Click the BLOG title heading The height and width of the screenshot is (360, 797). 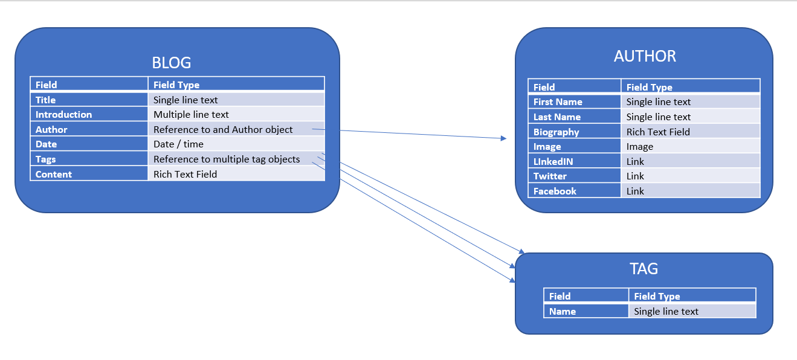(171, 63)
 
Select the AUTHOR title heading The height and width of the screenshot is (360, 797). (645, 56)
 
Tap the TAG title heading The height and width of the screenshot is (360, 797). (644, 269)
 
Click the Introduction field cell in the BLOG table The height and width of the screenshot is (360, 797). (89, 115)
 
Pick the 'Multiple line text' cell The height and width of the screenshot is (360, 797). (236, 115)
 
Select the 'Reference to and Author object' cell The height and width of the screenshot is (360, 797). (236, 129)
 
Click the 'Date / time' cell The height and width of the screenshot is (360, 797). (236, 144)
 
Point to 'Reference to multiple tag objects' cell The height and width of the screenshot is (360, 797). (236, 159)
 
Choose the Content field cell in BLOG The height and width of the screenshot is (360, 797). (89, 175)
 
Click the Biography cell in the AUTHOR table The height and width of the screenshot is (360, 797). (574, 132)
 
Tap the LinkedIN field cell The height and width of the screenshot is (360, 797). (574, 161)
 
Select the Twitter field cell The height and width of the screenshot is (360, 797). (574, 176)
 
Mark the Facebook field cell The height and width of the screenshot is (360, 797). (574, 191)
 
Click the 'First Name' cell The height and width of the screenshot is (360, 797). (574, 102)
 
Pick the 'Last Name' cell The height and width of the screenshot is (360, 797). (574, 117)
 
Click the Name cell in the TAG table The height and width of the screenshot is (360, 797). (586, 312)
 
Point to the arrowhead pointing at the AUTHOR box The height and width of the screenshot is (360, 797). (504, 138)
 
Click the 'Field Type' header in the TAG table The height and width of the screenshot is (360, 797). (692, 296)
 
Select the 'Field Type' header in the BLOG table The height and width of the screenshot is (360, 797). (236, 85)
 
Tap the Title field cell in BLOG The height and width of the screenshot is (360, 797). (89, 100)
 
